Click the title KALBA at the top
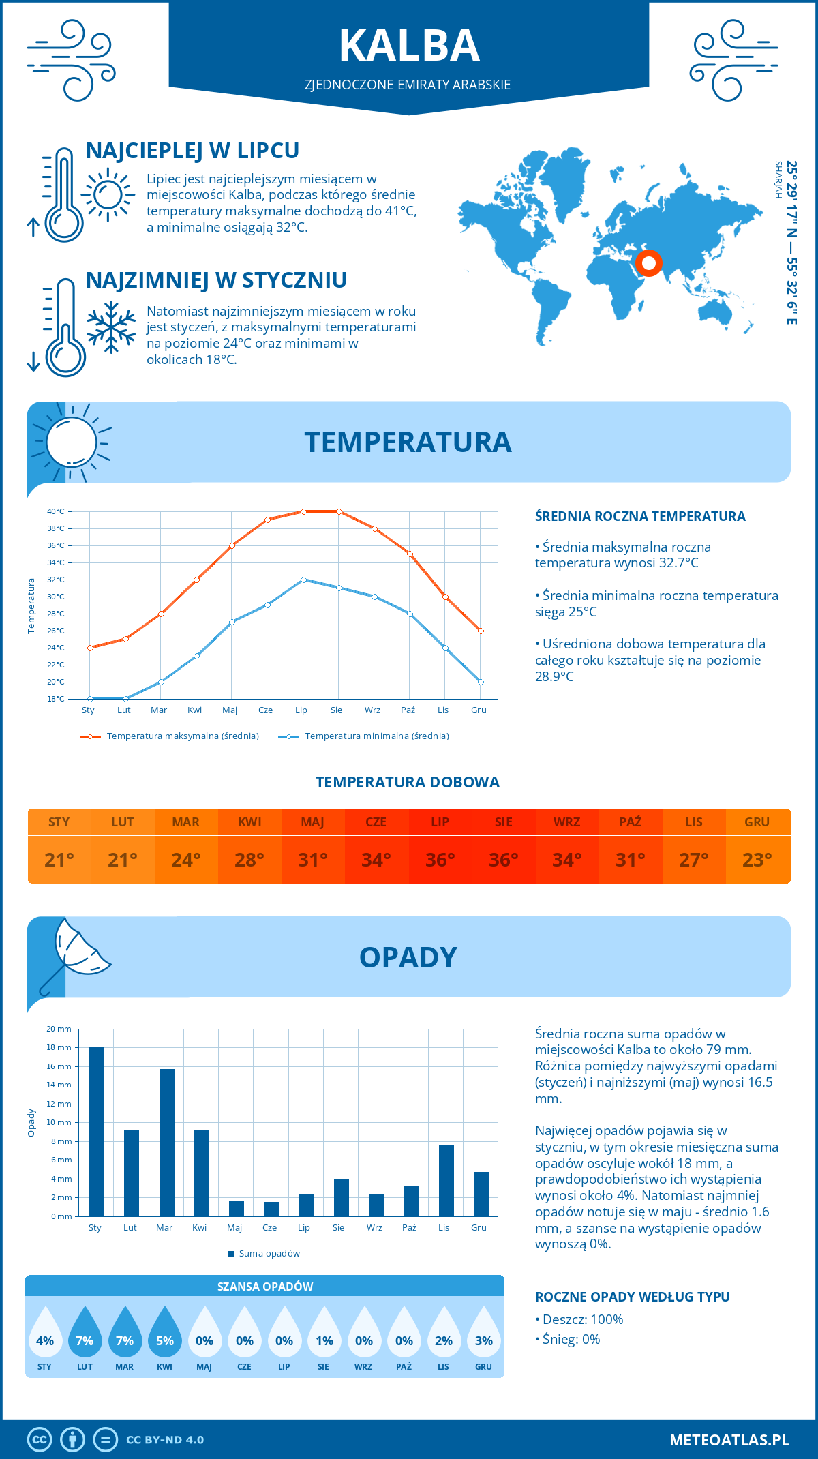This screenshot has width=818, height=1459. point(409,46)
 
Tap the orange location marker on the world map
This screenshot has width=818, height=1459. point(648,262)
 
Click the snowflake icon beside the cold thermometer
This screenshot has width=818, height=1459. point(111,327)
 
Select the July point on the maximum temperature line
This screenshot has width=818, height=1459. point(303,511)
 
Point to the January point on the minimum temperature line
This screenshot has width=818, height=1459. point(90,699)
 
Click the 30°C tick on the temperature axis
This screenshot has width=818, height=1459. point(56,597)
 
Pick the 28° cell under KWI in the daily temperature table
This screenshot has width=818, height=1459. point(249,860)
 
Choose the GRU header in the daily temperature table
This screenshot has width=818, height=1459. point(757,822)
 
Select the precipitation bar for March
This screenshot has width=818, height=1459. point(167,1142)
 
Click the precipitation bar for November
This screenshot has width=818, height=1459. point(446,1180)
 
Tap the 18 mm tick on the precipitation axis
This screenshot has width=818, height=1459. point(59,1047)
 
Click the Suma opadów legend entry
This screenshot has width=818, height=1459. point(269,1253)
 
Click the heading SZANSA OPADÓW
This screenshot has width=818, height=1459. point(265,1287)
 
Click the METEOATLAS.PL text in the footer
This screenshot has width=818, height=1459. point(729,1439)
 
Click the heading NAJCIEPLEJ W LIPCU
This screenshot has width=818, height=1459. point(192,151)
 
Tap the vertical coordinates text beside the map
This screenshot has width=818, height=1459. point(791,242)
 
